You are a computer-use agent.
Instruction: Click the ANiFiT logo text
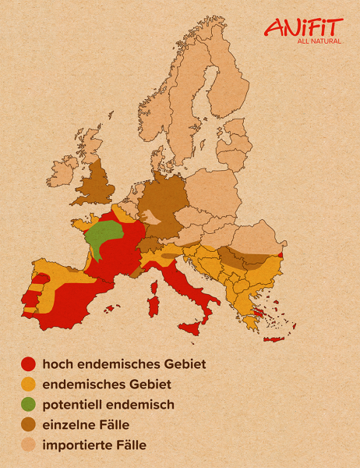[302, 27]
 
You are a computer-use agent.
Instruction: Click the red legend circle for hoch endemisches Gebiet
[29, 363]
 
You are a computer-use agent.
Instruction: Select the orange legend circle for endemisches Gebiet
[29, 384]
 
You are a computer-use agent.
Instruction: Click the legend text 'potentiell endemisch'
[108, 405]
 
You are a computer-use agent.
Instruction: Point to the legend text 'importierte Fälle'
[94, 445]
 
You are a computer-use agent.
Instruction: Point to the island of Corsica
[155, 272]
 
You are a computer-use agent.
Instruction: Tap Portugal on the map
[31, 300]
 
